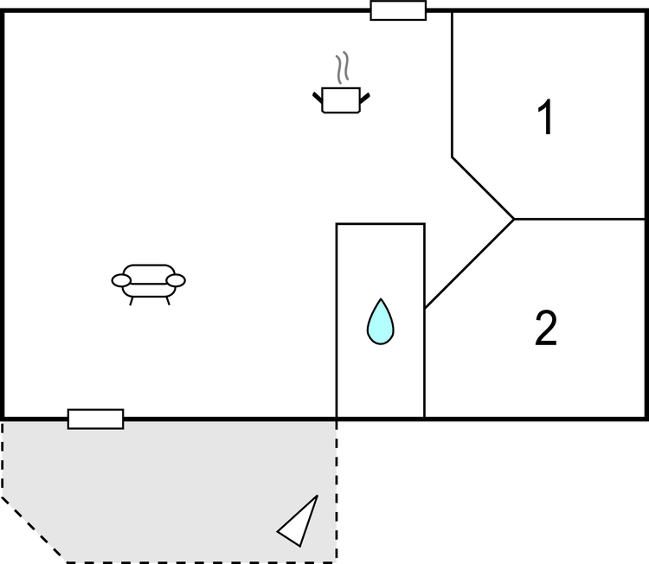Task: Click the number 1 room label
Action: click(546, 117)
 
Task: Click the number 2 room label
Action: click(546, 328)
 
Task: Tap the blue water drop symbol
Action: click(381, 322)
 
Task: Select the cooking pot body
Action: click(341, 100)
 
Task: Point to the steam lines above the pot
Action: click(343, 67)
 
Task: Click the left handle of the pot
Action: click(317, 98)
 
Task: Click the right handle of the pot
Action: click(364, 99)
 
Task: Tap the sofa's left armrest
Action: click(121, 280)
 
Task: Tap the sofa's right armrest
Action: click(176, 280)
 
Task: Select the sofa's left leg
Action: click(132, 301)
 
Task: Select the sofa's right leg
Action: click(168, 301)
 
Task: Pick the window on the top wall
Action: click(398, 10)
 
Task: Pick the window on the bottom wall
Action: click(95, 420)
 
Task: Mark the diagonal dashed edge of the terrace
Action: click(34, 529)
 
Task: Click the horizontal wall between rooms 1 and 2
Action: click(580, 219)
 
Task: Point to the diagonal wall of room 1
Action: click(483, 188)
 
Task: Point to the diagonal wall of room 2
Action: click(469, 264)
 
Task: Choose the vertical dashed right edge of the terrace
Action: click(336, 491)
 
